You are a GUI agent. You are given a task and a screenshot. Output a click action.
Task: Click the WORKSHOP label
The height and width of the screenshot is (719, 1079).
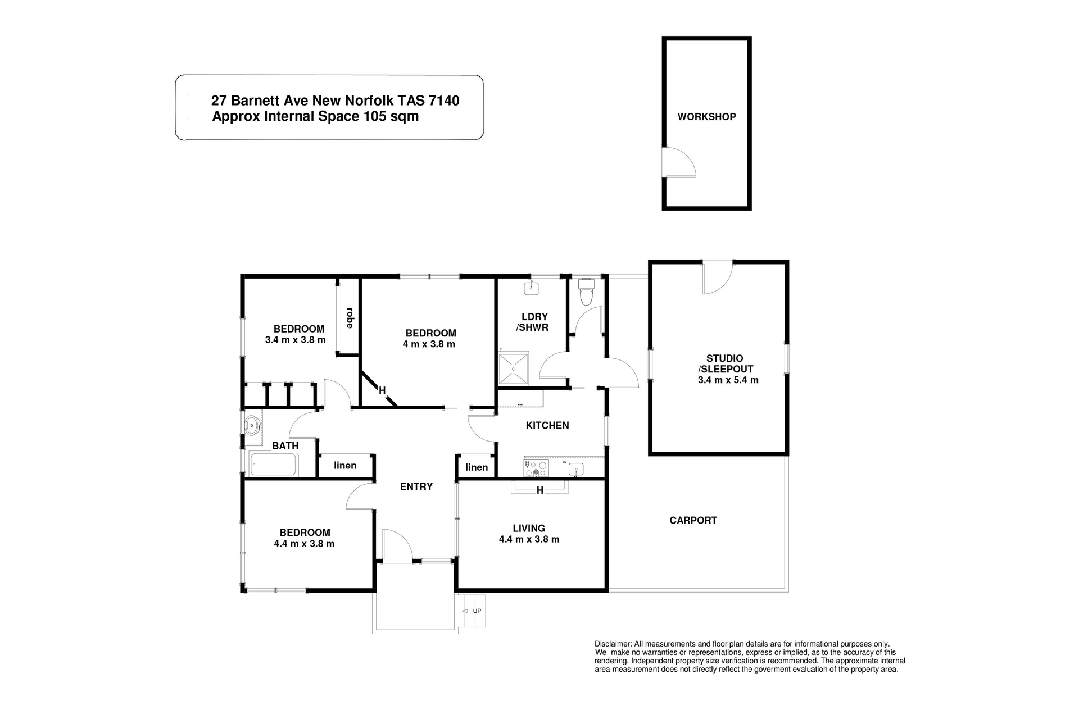(x=706, y=117)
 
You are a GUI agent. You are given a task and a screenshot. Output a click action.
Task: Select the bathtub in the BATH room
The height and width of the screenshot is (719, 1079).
(x=274, y=465)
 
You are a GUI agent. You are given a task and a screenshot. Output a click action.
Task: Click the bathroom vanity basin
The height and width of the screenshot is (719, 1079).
(x=253, y=425)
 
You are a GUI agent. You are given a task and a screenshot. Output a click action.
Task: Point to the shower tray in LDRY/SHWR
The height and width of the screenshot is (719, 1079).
(x=514, y=368)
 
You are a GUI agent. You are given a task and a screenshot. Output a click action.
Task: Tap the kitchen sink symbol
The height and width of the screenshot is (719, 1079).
(x=576, y=468)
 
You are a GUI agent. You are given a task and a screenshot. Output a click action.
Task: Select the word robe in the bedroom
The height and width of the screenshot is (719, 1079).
(x=350, y=318)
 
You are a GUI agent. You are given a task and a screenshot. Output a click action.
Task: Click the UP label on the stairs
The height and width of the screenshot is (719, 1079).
(x=477, y=611)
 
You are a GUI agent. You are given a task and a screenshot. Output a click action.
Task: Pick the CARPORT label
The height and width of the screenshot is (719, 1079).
(x=693, y=520)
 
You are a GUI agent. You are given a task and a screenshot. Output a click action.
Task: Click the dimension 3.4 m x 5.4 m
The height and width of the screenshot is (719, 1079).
(x=728, y=380)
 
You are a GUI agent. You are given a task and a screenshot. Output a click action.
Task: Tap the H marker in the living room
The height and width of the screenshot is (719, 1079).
(x=539, y=490)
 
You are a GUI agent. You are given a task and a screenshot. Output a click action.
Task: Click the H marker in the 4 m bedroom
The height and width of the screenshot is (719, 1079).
(x=382, y=390)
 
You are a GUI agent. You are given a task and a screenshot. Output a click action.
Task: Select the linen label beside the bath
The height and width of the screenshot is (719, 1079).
(x=345, y=465)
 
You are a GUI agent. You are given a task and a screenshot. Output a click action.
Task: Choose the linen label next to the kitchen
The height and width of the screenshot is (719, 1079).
(x=477, y=467)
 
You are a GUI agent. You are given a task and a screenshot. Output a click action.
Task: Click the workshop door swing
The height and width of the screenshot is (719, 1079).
(x=679, y=163)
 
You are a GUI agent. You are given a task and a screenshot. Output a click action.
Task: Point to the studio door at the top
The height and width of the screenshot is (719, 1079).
(x=718, y=278)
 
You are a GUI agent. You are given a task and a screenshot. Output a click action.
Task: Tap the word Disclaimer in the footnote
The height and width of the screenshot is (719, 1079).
(x=613, y=644)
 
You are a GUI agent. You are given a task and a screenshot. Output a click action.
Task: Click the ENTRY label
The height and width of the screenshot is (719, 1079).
(x=416, y=486)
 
